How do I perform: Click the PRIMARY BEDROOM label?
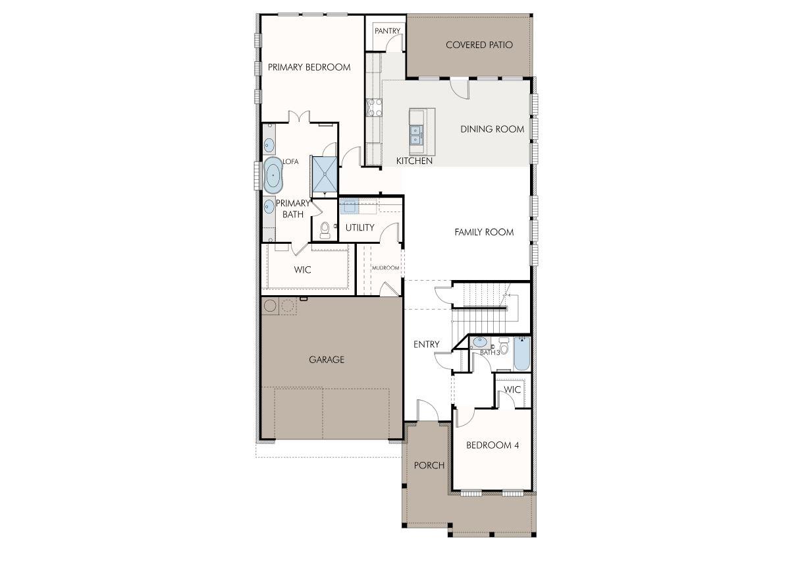coord(309,67)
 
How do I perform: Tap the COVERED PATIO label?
coord(479,45)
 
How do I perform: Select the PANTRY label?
coord(387,31)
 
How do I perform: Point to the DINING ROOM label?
coord(492,129)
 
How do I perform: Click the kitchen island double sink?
coord(416,134)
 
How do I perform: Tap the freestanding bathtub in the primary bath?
coord(273,176)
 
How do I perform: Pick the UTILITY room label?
coord(359,227)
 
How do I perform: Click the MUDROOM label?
coord(385,268)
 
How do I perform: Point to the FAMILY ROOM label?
coord(484,232)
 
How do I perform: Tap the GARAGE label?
coord(327,360)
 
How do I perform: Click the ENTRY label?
coord(426,345)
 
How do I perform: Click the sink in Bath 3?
coord(480,342)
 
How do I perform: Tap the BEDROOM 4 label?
coord(492,445)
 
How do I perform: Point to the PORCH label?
coord(429,465)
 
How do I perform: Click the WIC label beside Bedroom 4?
coord(512,389)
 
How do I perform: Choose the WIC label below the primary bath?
coord(302,269)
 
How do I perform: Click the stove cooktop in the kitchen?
coord(373,107)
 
